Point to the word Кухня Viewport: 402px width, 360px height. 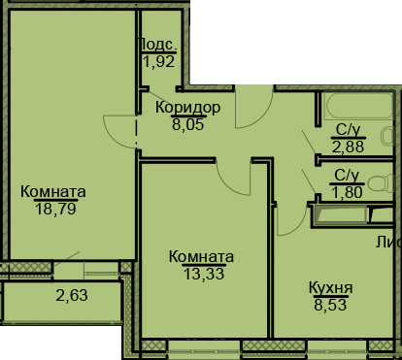(330, 287)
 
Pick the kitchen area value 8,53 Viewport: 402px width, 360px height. (330, 303)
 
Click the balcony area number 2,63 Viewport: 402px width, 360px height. (70, 296)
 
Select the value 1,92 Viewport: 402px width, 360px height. (156, 62)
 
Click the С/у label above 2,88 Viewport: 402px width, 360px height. (347, 129)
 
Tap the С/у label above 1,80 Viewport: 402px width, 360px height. (347, 175)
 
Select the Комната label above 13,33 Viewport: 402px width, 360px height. (201, 256)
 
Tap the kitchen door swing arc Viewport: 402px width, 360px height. (289, 219)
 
